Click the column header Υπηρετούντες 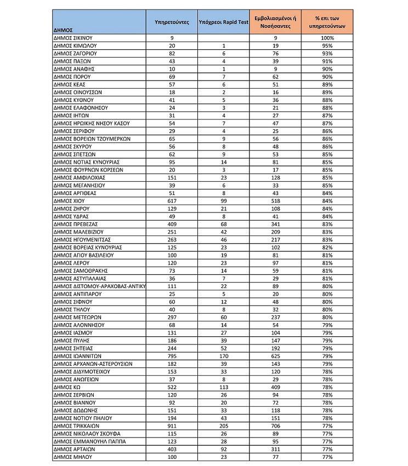[172, 22]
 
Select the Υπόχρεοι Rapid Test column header [224, 22]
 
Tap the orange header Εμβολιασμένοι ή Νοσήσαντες [275, 22]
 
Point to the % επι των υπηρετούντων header [327, 22]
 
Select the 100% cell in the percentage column [327, 38]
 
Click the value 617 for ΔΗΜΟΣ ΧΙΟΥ [172, 201]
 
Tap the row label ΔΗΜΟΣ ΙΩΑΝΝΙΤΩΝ [77, 356]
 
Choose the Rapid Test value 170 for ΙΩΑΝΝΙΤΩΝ [224, 356]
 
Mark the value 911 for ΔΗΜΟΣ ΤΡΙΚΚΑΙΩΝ [172, 425]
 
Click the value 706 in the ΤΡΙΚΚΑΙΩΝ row [275, 425]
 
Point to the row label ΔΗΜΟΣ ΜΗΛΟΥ [71, 457]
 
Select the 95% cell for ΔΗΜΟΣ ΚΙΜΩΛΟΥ [327, 45]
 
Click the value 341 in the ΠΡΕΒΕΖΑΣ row [275, 224]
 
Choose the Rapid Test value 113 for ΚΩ [224, 387]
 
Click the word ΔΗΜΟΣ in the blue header [63, 30]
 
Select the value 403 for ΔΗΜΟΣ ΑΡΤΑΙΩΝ [172, 449]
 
